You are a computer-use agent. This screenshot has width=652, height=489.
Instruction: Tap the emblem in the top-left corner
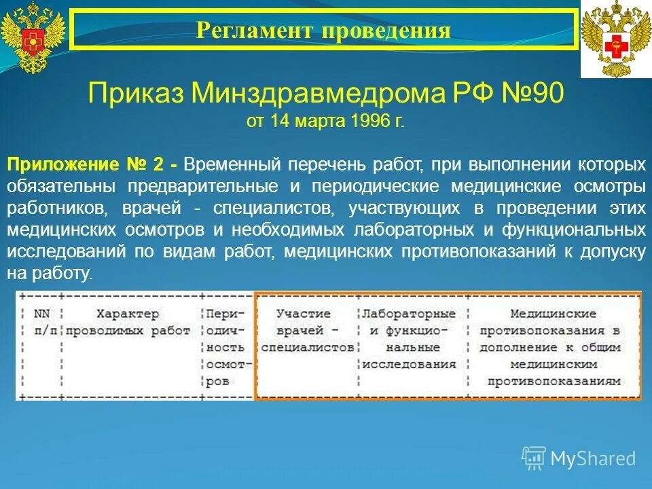(32, 38)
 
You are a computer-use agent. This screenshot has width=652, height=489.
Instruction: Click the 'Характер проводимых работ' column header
(129, 322)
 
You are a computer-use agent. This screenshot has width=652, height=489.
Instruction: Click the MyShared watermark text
(593, 458)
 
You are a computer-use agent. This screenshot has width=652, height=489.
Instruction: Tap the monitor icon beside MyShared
(534, 458)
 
